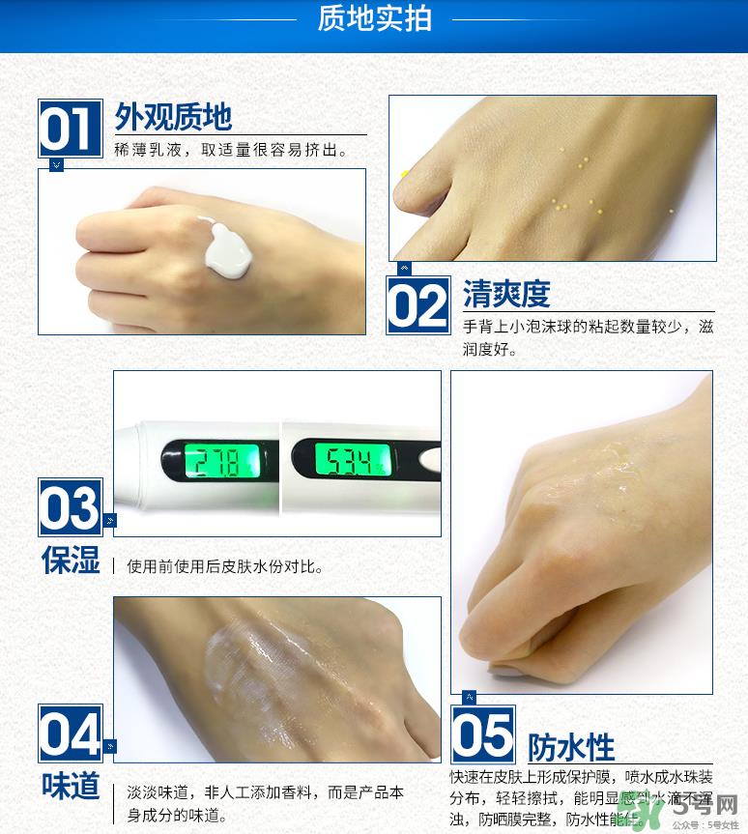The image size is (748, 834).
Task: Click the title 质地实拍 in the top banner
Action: pos(374,19)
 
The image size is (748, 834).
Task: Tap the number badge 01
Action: pos(70,129)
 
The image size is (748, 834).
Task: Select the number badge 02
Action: pos(418,306)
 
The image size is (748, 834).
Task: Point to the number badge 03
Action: pos(70,507)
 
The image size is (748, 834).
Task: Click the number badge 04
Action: pos(70,733)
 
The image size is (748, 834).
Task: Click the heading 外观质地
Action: pos(173,117)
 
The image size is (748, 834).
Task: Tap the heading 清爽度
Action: pos(505,294)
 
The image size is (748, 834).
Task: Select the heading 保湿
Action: pos(71,560)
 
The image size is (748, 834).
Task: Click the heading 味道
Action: pos(71,786)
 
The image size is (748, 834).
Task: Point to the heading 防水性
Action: pos(570,747)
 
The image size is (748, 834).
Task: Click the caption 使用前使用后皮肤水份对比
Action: pos(224,566)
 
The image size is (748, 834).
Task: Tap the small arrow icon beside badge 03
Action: pos(109,521)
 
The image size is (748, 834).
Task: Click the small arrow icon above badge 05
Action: pos(469,698)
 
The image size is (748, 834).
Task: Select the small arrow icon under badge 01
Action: pos(56,165)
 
